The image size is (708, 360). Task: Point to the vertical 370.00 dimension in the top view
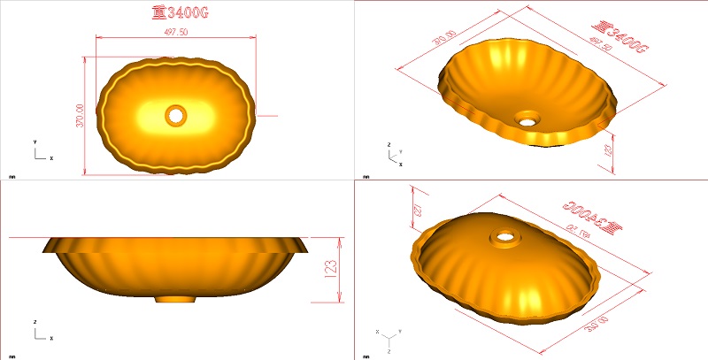pos(79,115)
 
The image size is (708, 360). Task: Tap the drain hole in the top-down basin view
pos(175,114)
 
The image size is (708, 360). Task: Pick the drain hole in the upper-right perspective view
pos(528,117)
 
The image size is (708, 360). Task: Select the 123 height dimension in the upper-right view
pos(608,150)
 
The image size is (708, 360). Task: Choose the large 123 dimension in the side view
pos(329,269)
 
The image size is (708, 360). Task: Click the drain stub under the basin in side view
pos(176,299)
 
